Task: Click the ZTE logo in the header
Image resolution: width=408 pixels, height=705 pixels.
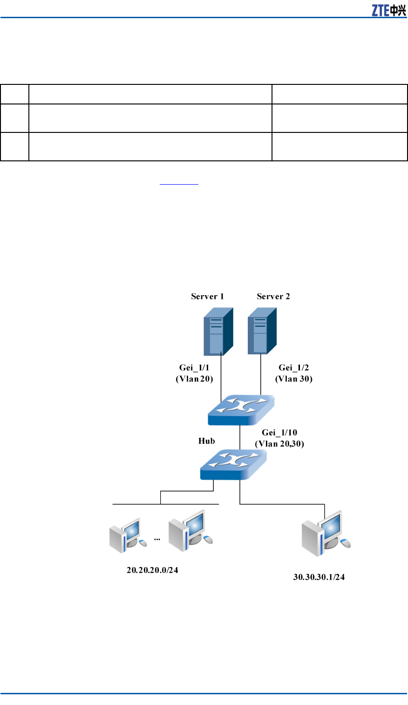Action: [388, 10]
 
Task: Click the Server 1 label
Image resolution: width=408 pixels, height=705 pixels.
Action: [207, 297]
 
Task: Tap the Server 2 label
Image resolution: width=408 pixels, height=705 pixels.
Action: [273, 297]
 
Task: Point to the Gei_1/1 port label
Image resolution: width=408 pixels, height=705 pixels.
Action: [194, 367]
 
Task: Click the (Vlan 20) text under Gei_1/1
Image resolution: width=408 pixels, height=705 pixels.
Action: [194, 379]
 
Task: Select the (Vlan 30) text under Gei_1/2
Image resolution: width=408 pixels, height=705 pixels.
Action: [294, 379]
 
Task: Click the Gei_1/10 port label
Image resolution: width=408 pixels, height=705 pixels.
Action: [279, 433]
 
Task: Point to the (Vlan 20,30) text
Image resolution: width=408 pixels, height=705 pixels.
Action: [279, 444]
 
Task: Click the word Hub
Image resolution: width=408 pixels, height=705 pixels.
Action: [207, 441]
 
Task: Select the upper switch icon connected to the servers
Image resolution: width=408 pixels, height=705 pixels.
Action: [240, 410]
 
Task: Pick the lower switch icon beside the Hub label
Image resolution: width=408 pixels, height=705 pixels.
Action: [233, 464]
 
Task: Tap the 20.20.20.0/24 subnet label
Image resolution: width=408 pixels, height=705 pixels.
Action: [152, 570]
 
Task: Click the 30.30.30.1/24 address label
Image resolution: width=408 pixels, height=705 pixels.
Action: [319, 577]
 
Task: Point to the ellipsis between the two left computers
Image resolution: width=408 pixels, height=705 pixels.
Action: [157, 539]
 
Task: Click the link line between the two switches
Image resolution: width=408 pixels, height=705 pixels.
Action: [240, 437]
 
